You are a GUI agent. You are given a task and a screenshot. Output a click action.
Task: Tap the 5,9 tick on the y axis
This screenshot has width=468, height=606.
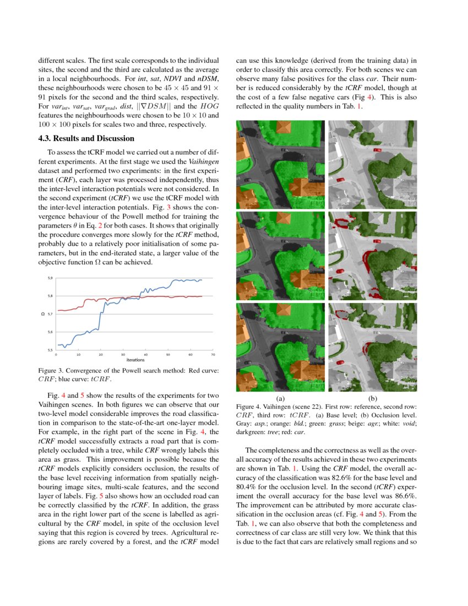pos(50,278)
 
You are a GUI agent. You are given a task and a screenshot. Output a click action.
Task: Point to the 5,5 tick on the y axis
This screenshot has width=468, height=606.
pos(50,350)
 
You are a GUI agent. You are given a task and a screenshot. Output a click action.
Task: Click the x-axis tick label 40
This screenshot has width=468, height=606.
pos(145,355)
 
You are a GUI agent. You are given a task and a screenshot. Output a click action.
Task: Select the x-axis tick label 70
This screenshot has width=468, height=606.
pos(213,355)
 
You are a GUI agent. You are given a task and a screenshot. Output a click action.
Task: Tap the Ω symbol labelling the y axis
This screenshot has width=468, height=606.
pos(42,314)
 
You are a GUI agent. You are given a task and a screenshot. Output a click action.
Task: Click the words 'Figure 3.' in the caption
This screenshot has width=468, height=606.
pos(51,371)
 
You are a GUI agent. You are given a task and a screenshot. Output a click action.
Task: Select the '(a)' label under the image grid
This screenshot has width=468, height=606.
pos(280,398)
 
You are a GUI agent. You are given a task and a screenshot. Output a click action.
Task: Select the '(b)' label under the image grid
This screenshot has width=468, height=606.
pos(373,398)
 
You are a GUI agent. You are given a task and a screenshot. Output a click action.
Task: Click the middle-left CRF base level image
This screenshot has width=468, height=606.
pos(280,256)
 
